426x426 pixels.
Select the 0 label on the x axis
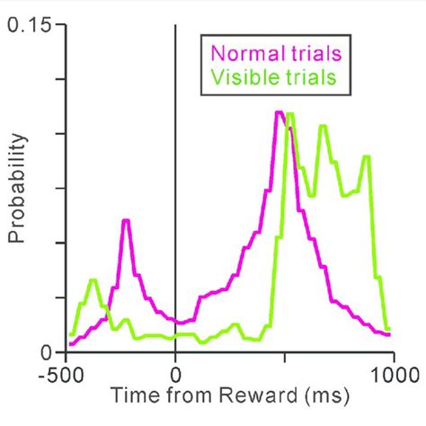[x=174, y=372]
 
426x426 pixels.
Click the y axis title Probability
[x=15, y=189]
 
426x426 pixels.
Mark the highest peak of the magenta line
[x=280, y=112]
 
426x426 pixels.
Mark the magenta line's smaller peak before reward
[x=127, y=220]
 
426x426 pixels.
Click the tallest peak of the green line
[x=290, y=114]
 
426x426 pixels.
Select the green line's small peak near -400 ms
[x=92, y=280]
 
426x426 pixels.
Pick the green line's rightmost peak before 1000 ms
[x=366, y=157]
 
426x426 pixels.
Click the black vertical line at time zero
[x=174, y=180]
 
